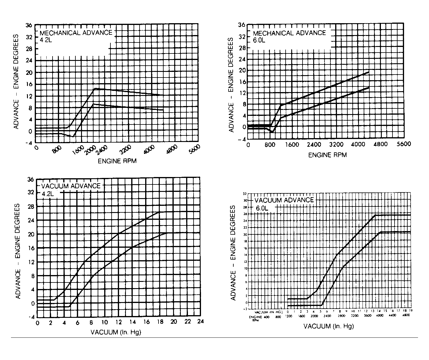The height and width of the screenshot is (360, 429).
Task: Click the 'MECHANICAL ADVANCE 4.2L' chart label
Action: tap(76, 35)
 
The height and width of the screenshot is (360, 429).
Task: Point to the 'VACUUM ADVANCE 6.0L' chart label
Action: tap(284, 203)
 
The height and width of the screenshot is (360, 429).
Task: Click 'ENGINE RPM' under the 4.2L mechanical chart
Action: tap(117, 161)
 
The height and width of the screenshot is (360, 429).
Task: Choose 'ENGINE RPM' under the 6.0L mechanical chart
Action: tap(327, 155)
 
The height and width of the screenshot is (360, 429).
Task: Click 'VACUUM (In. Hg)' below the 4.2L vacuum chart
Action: tap(116, 332)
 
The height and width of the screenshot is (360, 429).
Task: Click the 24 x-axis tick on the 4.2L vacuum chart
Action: tap(200, 323)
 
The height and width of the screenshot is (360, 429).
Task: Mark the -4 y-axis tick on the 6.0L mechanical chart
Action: tap(242, 139)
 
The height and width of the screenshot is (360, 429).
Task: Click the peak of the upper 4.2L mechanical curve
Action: tap(94, 89)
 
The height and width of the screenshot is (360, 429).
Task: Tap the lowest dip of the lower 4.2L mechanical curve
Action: tap(73, 136)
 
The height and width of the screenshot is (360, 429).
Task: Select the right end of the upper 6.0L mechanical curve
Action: tap(369, 72)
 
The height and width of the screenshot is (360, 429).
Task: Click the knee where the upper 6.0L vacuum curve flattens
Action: tap(375, 215)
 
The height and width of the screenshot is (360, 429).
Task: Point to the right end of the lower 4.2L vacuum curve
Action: tap(167, 233)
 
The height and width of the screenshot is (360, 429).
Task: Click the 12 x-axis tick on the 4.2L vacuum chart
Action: tap(119, 323)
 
